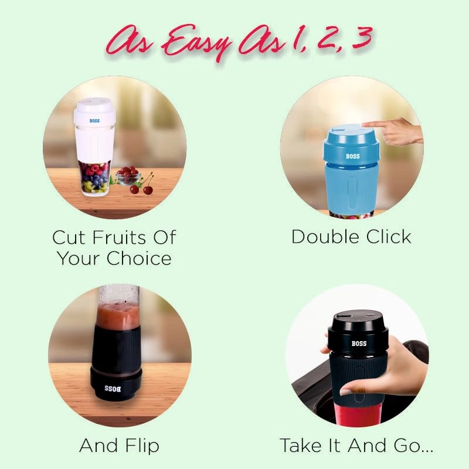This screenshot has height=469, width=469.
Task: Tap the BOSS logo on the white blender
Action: tap(95, 121)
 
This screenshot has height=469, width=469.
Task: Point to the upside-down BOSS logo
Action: tap(111, 389)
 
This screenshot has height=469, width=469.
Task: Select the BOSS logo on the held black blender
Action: tap(359, 343)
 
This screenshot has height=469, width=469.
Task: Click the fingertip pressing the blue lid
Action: tap(365, 125)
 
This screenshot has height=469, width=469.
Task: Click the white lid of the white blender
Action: tap(94, 107)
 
